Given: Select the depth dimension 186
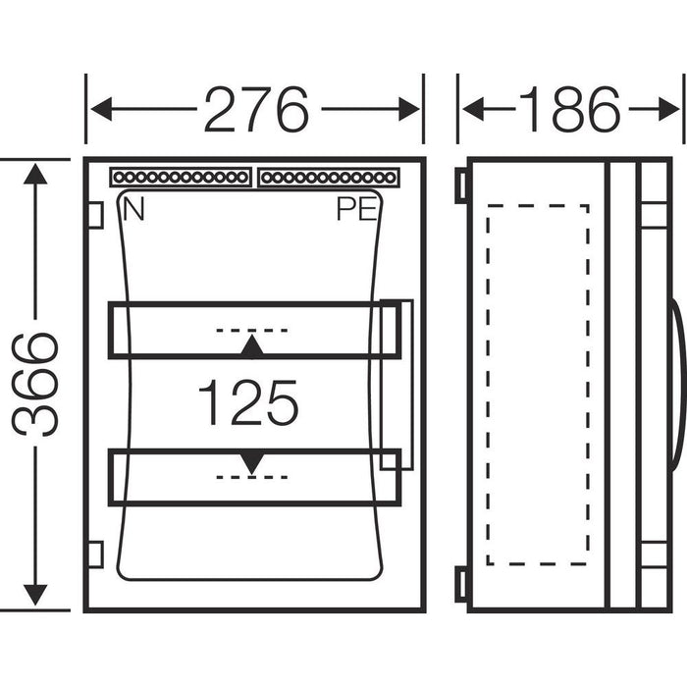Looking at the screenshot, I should tap(569, 109).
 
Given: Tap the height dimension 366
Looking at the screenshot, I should tap(36, 384).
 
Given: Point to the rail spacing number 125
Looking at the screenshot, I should tap(247, 403).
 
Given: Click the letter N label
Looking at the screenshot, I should tap(133, 209).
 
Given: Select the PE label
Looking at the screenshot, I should tap(356, 209).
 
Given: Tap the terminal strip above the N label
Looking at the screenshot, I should tap(180, 179).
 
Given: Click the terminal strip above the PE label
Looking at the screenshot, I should tap(329, 179).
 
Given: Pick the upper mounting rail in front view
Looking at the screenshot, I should tap(253, 329).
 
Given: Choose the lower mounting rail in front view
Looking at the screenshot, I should tap(253, 477).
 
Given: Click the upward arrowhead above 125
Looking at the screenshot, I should tap(252, 346).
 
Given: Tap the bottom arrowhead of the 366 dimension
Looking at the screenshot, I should tap(36, 593).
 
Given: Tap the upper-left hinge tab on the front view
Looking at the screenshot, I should tap(95, 214).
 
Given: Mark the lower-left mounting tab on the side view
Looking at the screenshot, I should tap(460, 583).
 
